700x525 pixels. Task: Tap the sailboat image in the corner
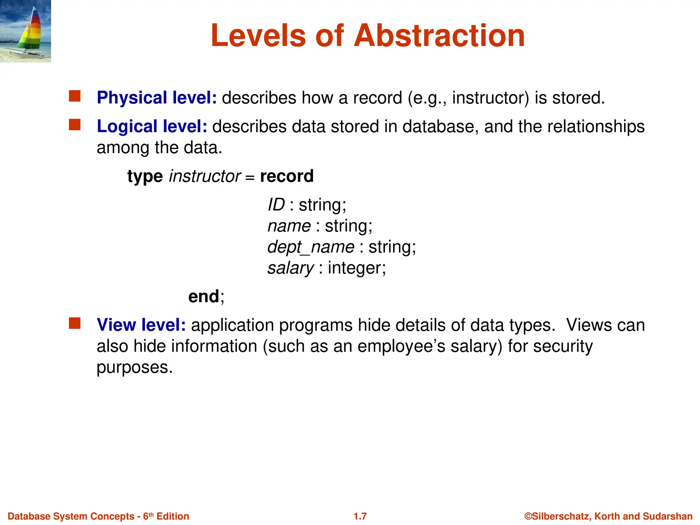[25, 31]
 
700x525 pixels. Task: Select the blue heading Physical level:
[157, 98]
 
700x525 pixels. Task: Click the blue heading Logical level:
[152, 126]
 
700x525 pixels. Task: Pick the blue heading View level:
[141, 325]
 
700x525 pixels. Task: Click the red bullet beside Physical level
[75, 96]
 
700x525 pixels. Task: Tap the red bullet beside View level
[75, 323]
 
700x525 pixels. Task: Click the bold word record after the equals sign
[286, 176]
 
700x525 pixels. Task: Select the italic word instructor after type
[205, 176]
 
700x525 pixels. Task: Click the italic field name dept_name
[311, 247]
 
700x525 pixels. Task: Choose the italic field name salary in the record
[291, 268]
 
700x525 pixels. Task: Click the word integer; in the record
[356, 268]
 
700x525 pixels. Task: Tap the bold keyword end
[204, 296]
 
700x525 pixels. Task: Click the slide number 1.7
[360, 516]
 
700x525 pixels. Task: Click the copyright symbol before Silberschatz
[528, 516]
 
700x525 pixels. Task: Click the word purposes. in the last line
[135, 368]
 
